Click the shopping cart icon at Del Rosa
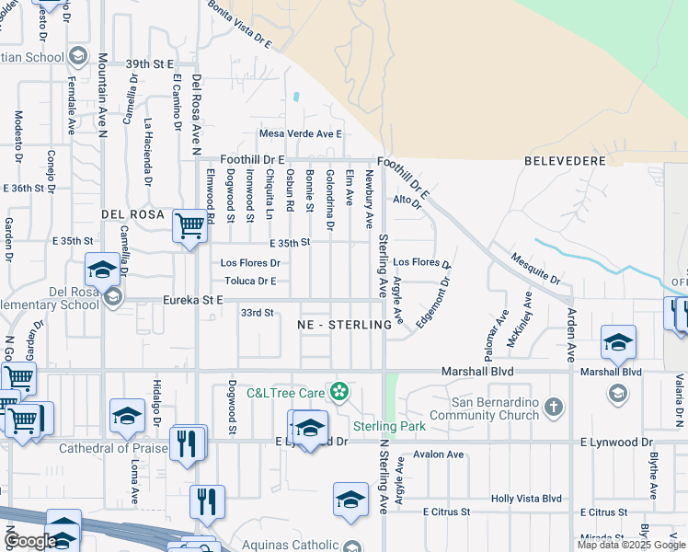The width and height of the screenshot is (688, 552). pos(189,224)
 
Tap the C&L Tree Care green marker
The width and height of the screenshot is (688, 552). pos(339,392)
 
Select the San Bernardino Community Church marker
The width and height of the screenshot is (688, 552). pos(553,406)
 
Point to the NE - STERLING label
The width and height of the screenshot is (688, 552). pos(340,326)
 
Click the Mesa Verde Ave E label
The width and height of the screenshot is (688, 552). pos(300,133)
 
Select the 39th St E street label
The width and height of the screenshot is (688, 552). pos(150,64)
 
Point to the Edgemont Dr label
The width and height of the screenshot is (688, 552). pos(431,294)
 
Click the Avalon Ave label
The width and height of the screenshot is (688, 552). pos(439,454)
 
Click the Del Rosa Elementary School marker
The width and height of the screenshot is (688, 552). pos(112,296)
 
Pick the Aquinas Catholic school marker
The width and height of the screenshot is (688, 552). pos(351,546)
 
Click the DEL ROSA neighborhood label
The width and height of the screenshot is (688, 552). pos(132,214)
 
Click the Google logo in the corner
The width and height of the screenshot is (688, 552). pos(30,542)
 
